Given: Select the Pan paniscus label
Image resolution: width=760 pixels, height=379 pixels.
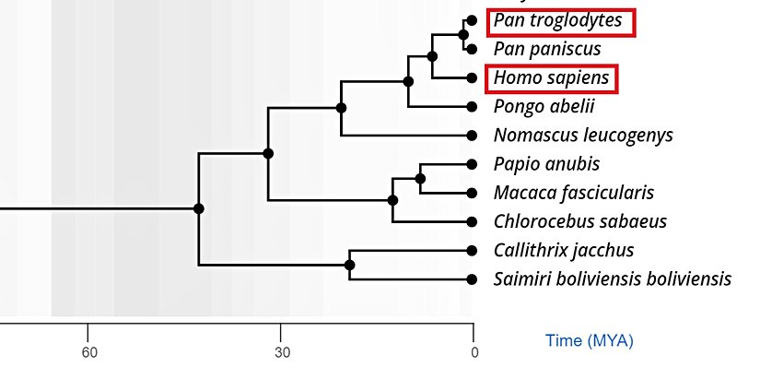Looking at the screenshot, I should [547, 48].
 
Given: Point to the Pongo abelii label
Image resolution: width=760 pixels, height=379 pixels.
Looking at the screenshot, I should [544, 106].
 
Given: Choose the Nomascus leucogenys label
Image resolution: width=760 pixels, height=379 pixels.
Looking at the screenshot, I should [583, 136].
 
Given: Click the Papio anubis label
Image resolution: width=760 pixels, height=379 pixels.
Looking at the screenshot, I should [546, 164].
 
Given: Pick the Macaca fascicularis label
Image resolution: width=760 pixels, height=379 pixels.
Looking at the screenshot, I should [573, 193].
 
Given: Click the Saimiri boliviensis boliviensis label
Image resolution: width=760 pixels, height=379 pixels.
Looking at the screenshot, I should [613, 278].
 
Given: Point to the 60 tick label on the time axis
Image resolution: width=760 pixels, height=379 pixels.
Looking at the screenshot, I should [88, 352].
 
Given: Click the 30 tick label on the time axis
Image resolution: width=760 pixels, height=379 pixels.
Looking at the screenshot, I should [282, 352].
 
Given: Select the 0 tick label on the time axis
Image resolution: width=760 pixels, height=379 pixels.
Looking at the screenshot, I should [474, 352].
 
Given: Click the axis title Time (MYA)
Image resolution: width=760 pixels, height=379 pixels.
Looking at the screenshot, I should [590, 341].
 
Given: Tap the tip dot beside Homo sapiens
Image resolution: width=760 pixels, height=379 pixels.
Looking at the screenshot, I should [472, 78].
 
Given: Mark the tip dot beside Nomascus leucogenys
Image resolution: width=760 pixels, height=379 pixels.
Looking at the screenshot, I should [472, 136].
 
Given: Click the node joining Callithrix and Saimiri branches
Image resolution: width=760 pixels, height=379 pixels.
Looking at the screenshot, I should [349, 265].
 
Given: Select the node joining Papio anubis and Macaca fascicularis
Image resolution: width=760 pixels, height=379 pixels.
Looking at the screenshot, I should [420, 178].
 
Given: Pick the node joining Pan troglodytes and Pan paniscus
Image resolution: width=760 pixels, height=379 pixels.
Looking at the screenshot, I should [462, 34].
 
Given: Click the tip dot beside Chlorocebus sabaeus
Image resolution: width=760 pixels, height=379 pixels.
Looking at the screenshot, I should [472, 221].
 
